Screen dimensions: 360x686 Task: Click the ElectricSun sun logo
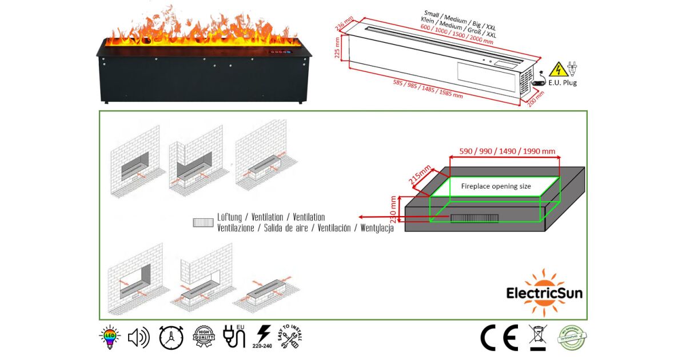(544, 291)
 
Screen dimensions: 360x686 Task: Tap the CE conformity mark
(499, 338)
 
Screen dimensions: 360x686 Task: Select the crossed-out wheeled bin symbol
(537, 338)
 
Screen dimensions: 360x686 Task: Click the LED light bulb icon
(108, 338)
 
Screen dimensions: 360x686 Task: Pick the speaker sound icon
(139, 338)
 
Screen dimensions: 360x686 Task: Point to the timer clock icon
(170, 338)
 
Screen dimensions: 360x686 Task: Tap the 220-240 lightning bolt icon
(264, 338)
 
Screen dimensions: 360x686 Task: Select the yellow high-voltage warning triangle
(556, 70)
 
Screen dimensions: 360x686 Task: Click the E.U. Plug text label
(563, 83)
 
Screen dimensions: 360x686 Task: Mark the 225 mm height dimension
(337, 49)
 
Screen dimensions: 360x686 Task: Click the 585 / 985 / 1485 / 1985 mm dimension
(428, 89)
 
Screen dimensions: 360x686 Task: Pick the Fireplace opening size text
(496, 186)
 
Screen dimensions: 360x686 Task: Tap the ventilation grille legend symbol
(203, 222)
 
